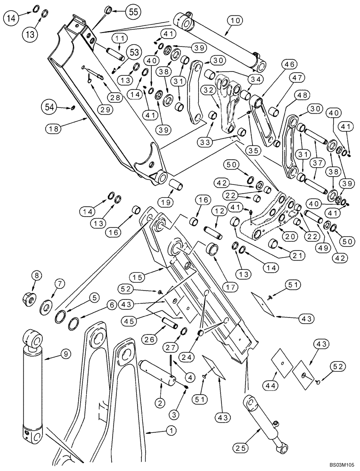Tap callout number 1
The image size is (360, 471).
(x=157, y=430)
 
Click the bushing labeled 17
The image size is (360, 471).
(x=211, y=248)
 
